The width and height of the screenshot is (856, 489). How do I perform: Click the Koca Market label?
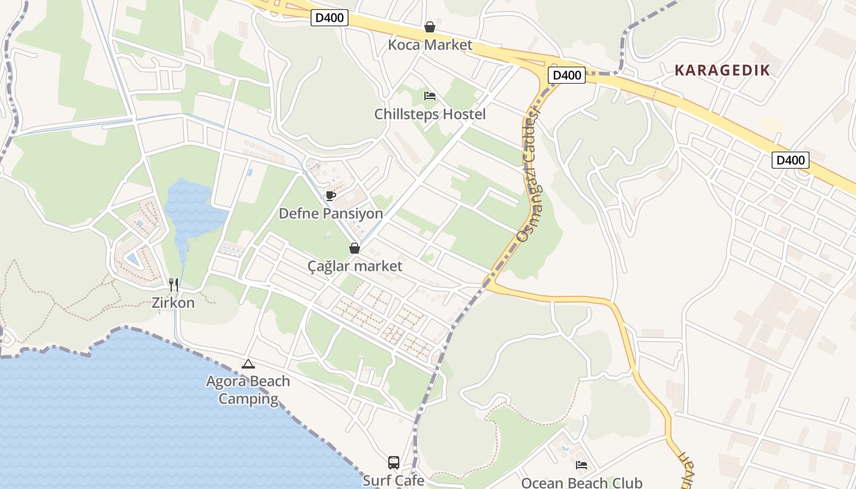(x=430, y=45)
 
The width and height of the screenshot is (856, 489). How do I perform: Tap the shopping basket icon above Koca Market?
(x=430, y=27)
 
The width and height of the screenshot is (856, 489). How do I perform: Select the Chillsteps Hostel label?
(x=430, y=114)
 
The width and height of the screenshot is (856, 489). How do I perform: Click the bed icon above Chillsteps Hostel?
(x=430, y=96)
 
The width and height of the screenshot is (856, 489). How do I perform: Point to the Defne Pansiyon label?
(x=331, y=213)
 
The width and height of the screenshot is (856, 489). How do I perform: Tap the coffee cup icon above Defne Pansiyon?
(x=331, y=196)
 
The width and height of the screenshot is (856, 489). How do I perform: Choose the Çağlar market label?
(x=355, y=266)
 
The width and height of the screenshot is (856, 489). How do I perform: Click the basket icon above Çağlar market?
(x=354, y=248)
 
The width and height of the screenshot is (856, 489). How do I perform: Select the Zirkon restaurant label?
(x=174, y=303)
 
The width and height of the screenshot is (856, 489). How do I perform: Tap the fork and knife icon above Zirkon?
(x=174, y=284)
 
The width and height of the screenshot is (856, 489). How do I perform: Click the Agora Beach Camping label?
(x=248, y=390)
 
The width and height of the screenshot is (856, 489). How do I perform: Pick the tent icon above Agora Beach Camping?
(x=248, y=364)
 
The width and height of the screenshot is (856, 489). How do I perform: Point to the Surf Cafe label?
(x=394, y=480)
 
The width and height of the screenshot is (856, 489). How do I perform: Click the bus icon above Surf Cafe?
(x=394, y=463)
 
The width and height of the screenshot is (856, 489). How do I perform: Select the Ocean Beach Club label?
(x=581, y=483)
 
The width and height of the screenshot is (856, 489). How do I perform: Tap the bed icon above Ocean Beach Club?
(x=581, y=465)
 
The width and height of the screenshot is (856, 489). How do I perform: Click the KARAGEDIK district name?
(x=722, y=70)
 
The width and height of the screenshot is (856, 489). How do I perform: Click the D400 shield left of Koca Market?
(x=330, y=18)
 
